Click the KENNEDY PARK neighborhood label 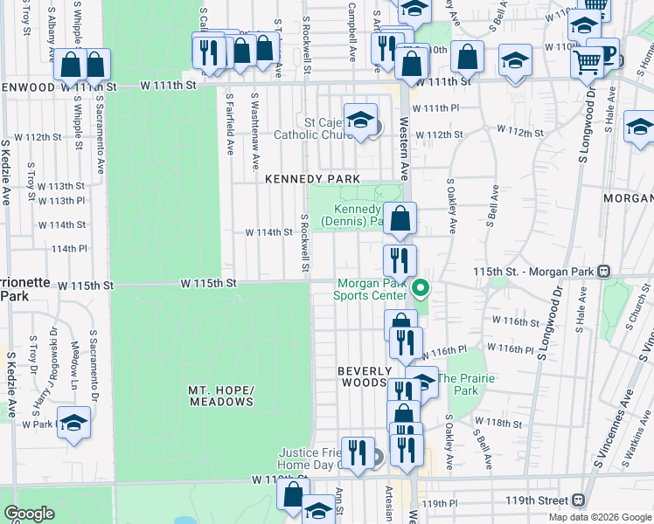pos(312,179)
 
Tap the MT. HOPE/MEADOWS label pos(220,396)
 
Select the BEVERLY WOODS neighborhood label pos(362,376)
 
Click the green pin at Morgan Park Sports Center pos(421,287)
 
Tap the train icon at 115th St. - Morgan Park pos(603,272)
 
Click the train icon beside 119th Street pos(578,500)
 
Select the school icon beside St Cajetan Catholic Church pos(359,121)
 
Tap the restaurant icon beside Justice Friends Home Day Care pos(358,452)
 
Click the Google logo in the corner pos(29,514)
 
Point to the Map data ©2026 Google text pos(599,517)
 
